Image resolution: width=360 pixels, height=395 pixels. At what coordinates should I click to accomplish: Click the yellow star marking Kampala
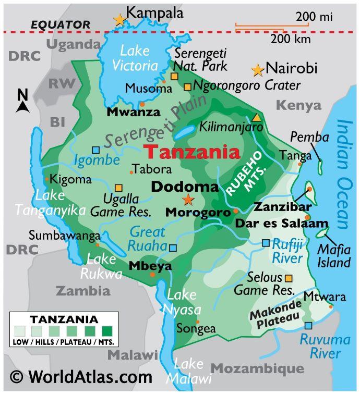pos(120,20)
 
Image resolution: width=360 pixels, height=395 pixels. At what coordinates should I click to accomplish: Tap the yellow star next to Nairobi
pos(257,69)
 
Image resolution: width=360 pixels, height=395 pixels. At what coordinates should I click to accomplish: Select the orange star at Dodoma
pos(188,200)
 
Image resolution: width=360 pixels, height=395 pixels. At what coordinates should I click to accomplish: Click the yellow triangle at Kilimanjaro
pos(256,117)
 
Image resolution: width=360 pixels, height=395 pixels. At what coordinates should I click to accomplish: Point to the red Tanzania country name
pos(191,152)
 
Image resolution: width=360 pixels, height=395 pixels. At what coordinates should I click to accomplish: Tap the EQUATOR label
pos(60,24)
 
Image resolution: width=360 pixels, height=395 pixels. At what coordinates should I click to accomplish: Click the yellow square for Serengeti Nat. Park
pos(174,76)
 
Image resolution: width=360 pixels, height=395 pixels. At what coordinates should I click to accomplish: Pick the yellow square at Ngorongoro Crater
pos(187,87)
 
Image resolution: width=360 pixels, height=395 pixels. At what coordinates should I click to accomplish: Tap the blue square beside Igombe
pos(95,150)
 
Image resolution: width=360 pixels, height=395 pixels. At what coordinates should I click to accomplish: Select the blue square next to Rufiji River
pos(266,243)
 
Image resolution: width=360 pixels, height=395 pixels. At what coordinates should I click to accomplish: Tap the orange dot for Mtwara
pos(331,306)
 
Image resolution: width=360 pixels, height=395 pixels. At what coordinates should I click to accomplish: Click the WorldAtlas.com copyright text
pos(81,376)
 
